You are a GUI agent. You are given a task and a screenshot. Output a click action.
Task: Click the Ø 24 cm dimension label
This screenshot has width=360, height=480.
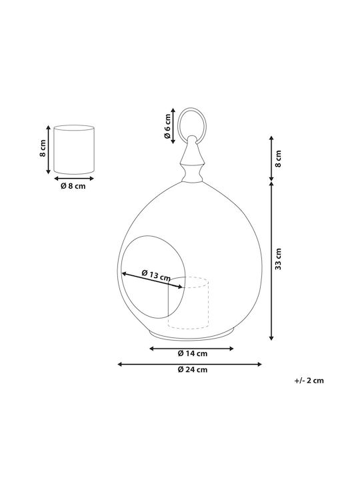point(193,369)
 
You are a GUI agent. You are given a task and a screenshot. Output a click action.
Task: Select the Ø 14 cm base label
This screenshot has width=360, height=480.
point(193,353)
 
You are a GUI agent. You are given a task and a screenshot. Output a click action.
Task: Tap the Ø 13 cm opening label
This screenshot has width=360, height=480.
point(156,275)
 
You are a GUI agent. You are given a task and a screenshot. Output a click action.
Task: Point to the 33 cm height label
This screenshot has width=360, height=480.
point(278,259)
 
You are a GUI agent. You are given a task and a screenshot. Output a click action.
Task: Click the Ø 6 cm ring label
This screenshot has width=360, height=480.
point(167,126)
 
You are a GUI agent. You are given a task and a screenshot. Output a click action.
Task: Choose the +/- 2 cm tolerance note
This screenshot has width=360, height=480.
point(309,381)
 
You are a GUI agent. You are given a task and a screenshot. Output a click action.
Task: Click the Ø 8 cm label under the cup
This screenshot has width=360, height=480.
point(73,186)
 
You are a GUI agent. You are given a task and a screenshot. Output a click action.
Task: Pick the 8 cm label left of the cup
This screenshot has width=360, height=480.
point(43,148)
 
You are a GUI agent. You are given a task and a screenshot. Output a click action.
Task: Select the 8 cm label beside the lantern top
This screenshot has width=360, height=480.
point(278,159)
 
